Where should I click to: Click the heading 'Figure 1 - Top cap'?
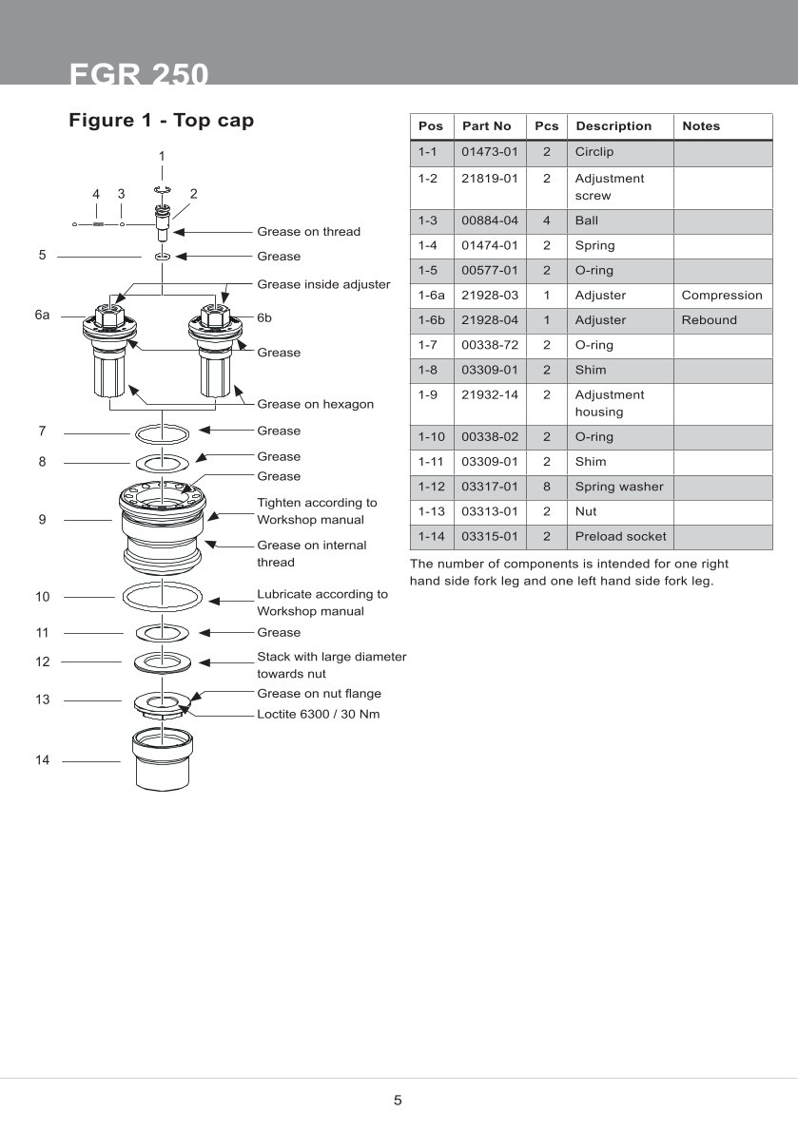[x=161, y=121]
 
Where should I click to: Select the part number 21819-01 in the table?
[x=489, y=179]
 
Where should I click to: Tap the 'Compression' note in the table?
[x=722, y=296]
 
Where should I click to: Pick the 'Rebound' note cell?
[x=709, y=320]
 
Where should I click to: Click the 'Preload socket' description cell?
[x=620, y=536]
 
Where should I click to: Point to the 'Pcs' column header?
[x=546, y=126]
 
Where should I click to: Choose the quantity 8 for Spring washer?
[x=546, y=487]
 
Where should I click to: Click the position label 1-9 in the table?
[x=427, y=394]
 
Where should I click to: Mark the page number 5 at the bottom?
[x=398, y=1101]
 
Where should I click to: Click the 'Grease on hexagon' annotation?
[x=315, y=404]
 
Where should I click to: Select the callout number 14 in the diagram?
[x=42, y=760]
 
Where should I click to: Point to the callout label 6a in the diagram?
[x=42, y=315]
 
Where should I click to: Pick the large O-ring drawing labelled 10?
[x=163, y=598]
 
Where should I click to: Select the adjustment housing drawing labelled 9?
[x=163, y=523]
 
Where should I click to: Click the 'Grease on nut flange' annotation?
[x=319, y=694]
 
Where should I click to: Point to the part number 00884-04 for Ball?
[x=489, y=220]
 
